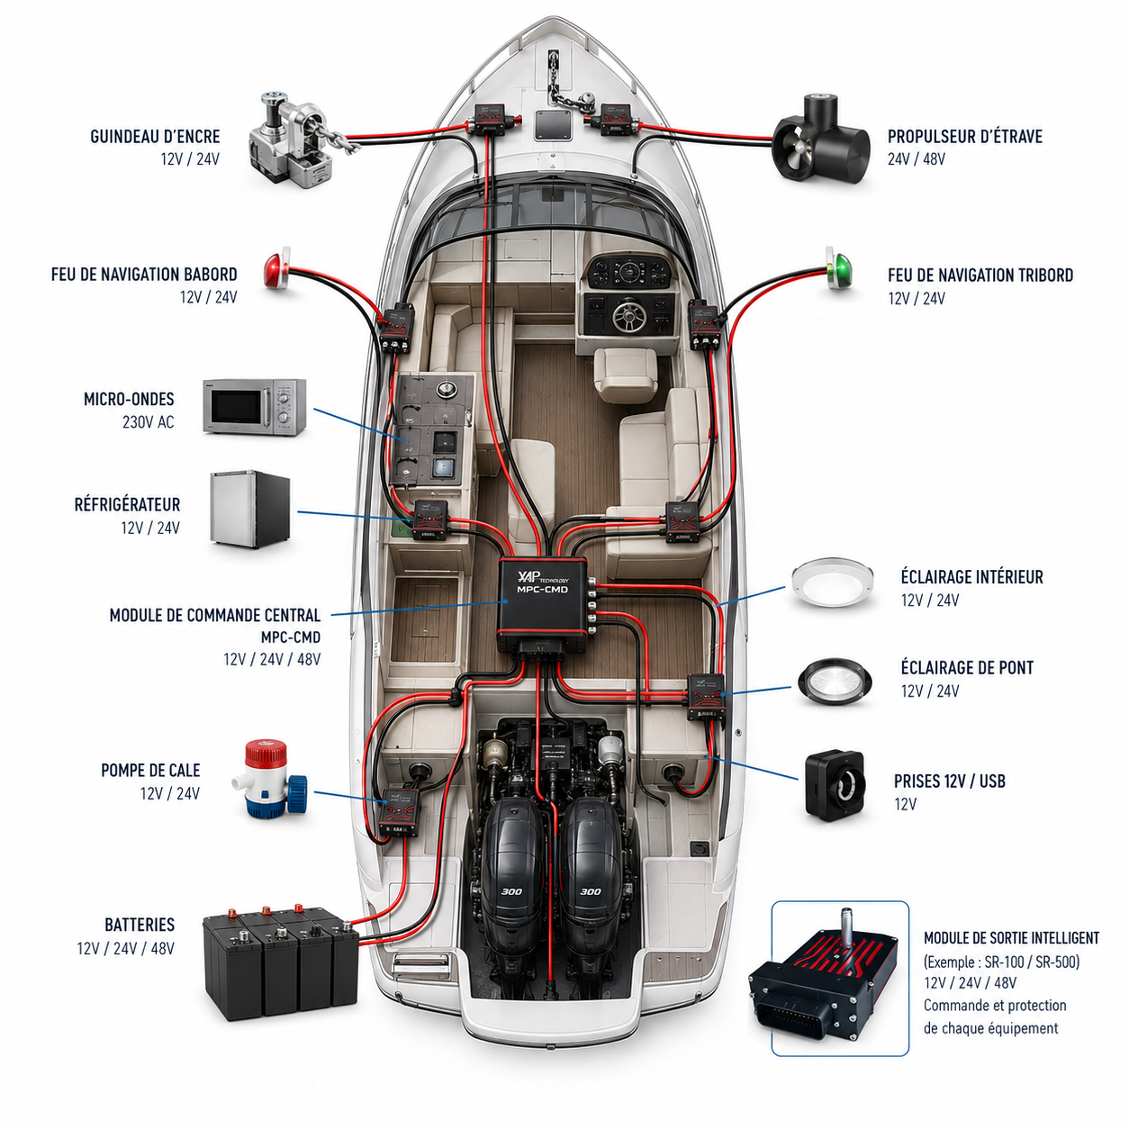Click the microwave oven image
254,407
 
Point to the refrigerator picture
249,510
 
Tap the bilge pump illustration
275,779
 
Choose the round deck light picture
835,682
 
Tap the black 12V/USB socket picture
835,784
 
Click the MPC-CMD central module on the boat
543,605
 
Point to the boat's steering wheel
628,316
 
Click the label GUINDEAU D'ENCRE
155,137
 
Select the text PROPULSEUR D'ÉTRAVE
965,137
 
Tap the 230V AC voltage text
149,422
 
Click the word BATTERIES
140,925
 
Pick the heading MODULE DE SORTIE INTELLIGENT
1011,938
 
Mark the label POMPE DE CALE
150,770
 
